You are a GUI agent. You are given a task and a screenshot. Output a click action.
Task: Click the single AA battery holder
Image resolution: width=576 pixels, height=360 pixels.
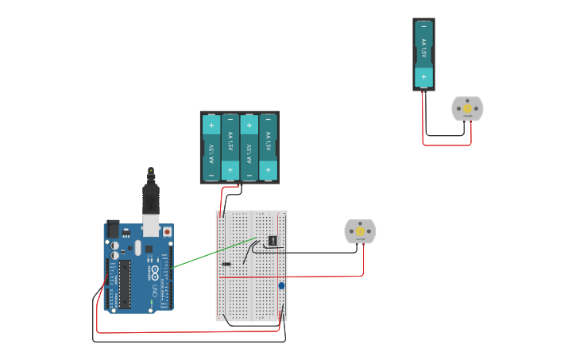click(x=423, y=54)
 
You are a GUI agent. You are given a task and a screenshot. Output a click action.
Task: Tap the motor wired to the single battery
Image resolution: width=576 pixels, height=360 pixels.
click(x=467, y=109)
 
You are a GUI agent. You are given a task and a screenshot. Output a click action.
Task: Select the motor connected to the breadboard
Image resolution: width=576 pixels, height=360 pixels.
click(x=360, y=231)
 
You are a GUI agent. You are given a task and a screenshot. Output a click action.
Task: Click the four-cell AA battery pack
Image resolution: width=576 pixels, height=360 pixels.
click(x=239, y=148)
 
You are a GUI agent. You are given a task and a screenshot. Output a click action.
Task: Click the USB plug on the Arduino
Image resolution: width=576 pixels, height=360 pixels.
click(x=150, y=198)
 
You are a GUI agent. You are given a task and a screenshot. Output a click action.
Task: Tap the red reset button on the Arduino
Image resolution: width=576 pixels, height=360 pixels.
click(x=167, y=231)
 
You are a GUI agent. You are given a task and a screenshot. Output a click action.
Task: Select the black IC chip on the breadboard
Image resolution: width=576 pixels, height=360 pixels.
click(x=273, y=239)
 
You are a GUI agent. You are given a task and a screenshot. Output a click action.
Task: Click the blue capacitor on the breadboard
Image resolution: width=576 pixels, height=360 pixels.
click(x=281, y=285)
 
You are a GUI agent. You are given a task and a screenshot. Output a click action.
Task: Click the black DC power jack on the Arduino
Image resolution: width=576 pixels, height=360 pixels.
click(x=112, y=229)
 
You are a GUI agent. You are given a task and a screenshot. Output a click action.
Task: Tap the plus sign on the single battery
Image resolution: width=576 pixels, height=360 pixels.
click(x=423, y=77)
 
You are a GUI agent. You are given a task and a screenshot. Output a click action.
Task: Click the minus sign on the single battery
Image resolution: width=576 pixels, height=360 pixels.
click(x=423, y=27)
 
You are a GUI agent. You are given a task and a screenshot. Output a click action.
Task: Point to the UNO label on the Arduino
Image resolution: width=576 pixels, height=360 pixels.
click(x=156, y=291)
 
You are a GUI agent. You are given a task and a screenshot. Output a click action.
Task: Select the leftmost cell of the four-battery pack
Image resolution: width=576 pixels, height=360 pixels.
click(x=211, y=148)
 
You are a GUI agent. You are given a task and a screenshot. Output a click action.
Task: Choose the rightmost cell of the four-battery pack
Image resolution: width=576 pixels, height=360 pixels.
click(x=269, y=148)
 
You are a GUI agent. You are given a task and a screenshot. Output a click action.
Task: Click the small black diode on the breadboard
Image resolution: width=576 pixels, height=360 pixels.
click(x=226, y=264)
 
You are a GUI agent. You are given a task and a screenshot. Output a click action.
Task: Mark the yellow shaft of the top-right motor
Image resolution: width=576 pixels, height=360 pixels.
click(x=468, y=108)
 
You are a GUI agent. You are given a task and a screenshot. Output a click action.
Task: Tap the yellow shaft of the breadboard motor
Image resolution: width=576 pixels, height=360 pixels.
click(x=360, y=230)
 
